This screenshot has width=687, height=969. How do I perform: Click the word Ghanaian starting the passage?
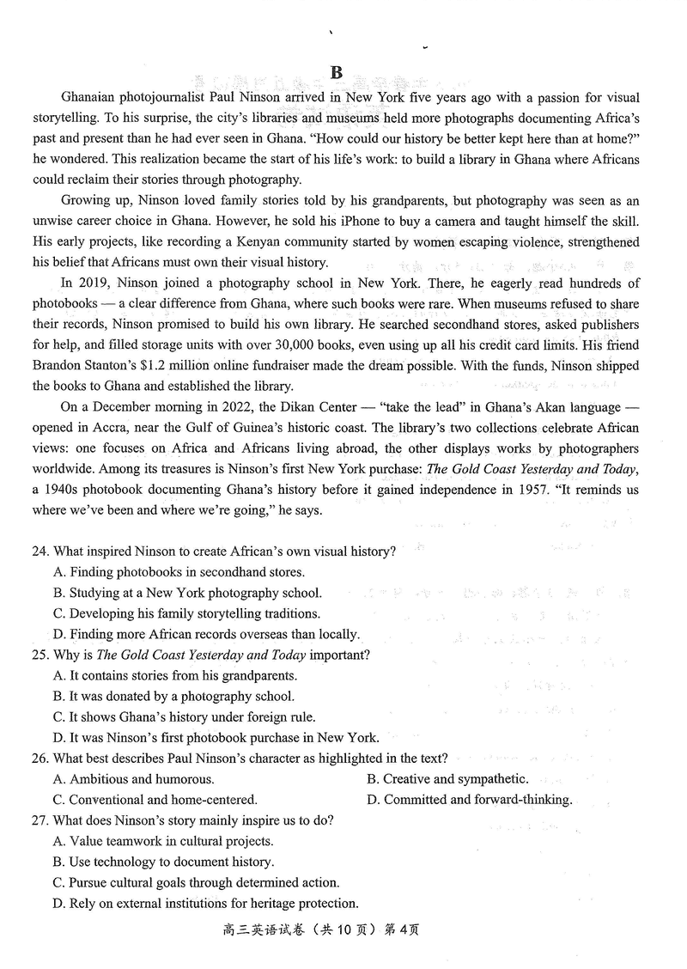tap(92, 99)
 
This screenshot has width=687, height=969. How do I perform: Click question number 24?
tap(42, 552)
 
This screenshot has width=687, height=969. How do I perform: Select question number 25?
tap(42, 655)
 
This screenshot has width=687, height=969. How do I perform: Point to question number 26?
tap(42, 759)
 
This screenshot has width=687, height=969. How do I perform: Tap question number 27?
tap(42, 820)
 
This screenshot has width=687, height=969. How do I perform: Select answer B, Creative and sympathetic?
tap(447, 779)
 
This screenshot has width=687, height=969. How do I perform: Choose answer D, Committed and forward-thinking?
tap(469, 800)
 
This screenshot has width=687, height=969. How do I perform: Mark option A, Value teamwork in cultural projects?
tap(163, 841)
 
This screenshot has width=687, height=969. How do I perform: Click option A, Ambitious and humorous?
tap(133, 779)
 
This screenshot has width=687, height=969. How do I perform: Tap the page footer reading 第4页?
tap(401, 929)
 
